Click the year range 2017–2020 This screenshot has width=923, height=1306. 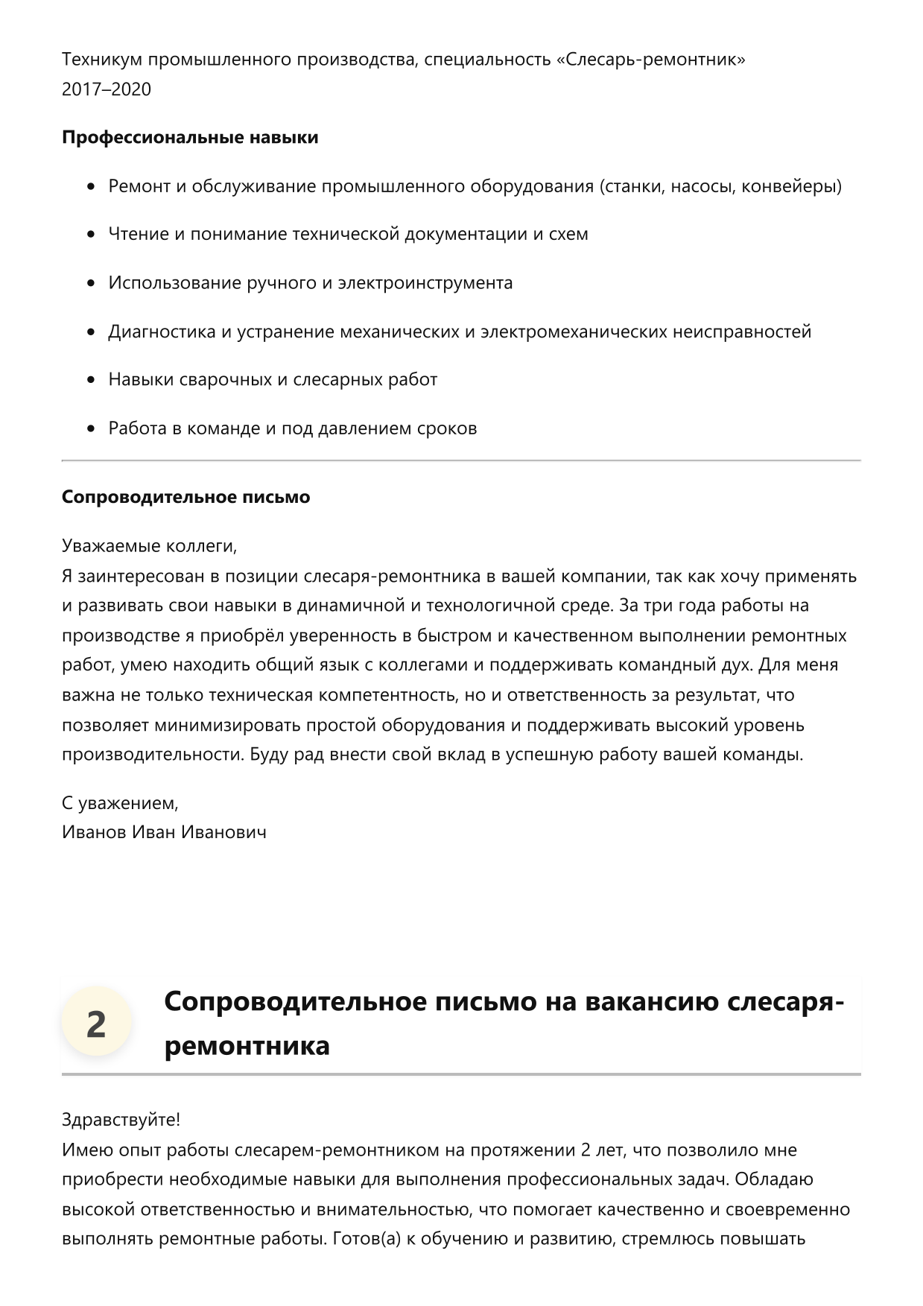(107, 89)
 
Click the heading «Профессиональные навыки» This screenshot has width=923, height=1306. (190, 138)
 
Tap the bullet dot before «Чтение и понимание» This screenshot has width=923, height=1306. (91, 235)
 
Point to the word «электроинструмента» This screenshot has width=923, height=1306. (425, 283)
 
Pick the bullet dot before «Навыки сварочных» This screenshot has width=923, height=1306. (91, 380)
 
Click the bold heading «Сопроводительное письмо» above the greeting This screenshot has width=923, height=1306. (185, 497)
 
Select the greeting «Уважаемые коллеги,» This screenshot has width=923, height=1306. (150, 546)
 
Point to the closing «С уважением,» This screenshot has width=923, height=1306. (120, 803)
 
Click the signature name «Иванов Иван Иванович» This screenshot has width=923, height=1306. (164, 832)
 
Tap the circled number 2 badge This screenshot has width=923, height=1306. (96, 1024)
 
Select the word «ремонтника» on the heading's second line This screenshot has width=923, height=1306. (247, 1045)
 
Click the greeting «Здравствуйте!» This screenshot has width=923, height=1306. (121, 1120)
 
